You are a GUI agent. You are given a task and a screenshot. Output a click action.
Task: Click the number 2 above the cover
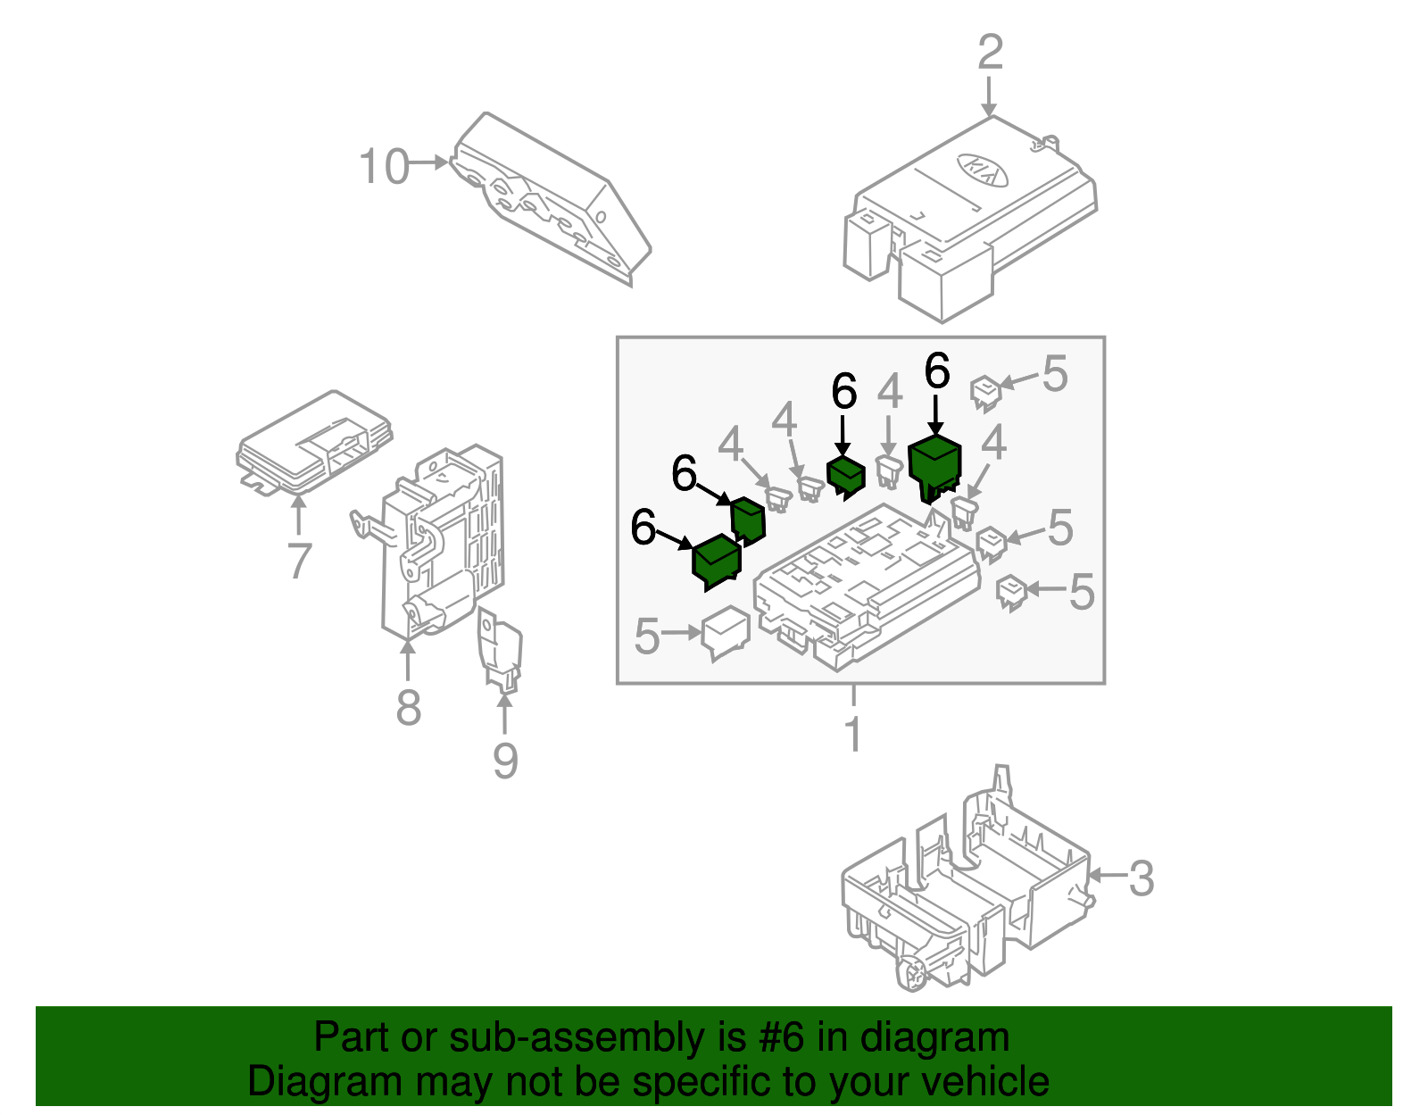tap(990, 53)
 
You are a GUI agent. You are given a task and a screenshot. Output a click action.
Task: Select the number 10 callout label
tap(384, 167)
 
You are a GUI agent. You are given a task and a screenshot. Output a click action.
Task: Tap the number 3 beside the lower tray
tap(1142, 878)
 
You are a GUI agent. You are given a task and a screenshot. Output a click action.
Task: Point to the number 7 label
tap(300, 561)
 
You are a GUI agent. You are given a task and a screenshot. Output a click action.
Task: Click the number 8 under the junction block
tap(408, 708)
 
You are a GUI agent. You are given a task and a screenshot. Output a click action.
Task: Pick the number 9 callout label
tap(505, 761)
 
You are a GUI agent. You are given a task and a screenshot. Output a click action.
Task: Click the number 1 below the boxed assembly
tap(853, 735)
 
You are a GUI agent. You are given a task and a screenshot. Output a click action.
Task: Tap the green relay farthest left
tap(717, 562)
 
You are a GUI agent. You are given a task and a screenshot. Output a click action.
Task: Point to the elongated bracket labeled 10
tap(549, 201)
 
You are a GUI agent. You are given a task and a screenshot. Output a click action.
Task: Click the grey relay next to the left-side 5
tap(726, 631)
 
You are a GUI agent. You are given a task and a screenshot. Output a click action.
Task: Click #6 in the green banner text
tap(781, 1037)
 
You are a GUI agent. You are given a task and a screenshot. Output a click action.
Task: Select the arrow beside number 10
tap(430, 162)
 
